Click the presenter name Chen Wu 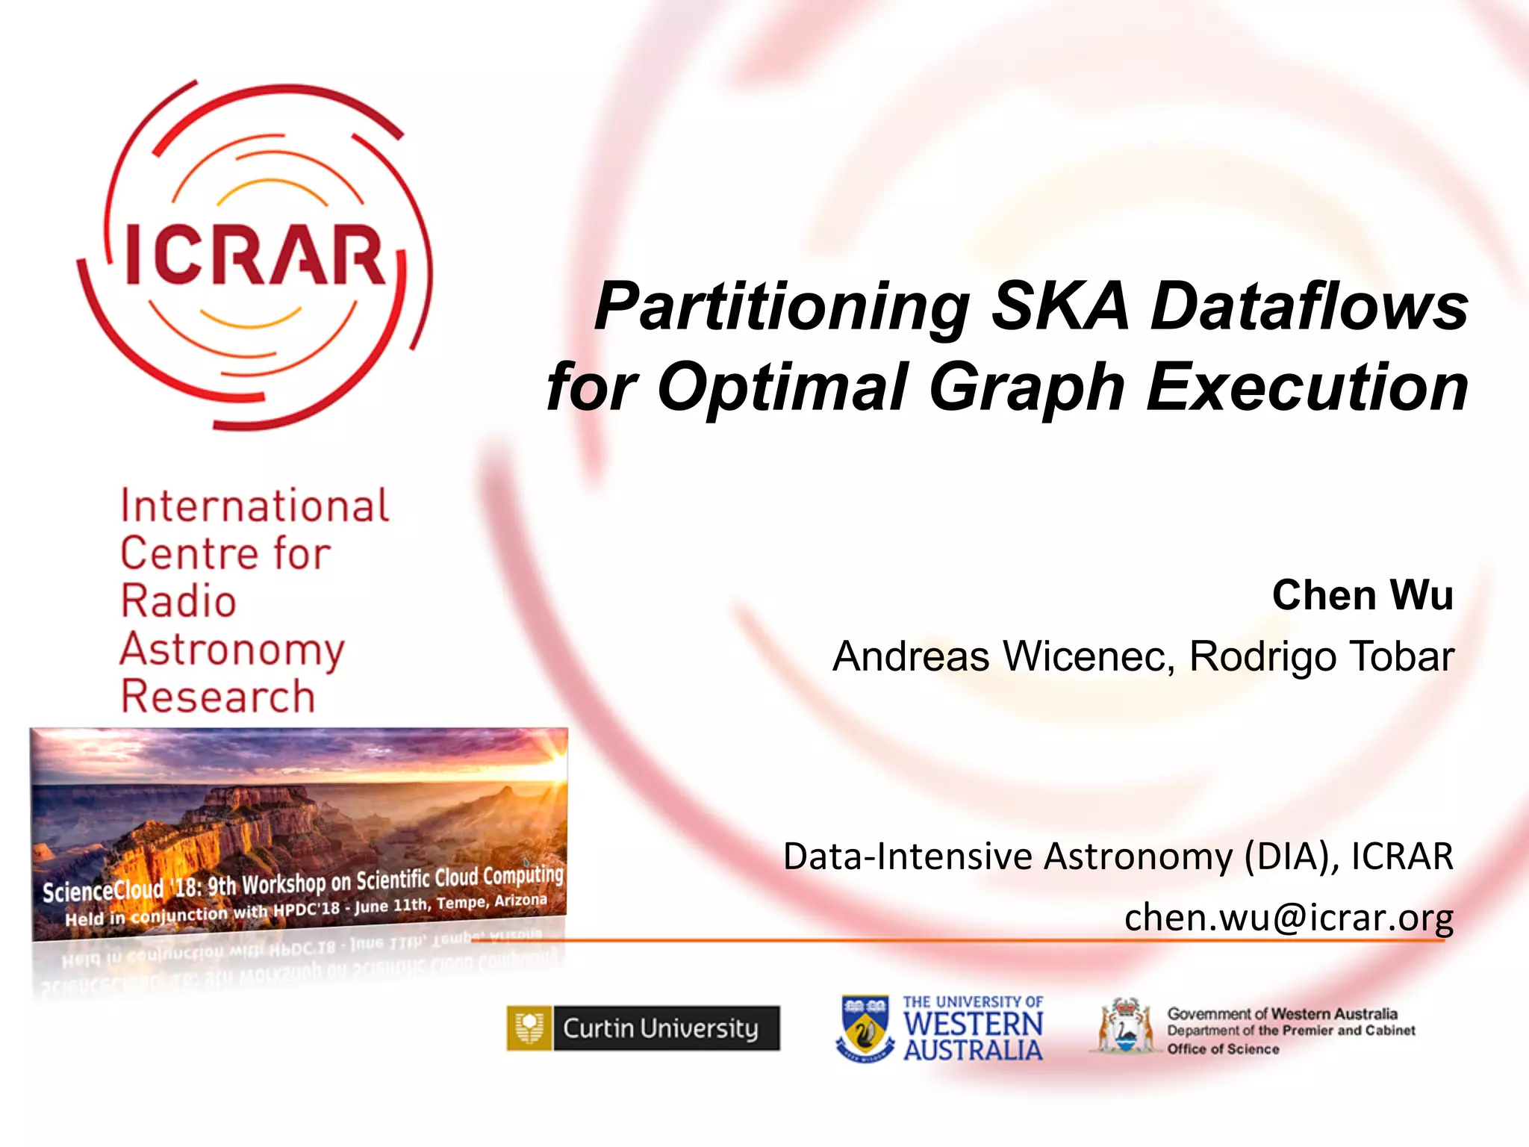pos(1363,595)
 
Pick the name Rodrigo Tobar pos(1321,656)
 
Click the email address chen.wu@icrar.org pos(1289,917)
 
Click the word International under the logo pos(255,506)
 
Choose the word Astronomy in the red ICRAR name pos(232,650)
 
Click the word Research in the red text pos(218,697)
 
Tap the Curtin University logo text pos(661,1028)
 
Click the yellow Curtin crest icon pos(529,1028)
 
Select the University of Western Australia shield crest pos(865,1028)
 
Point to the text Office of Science pos(1223,1049)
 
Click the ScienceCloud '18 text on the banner pos(119,889)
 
